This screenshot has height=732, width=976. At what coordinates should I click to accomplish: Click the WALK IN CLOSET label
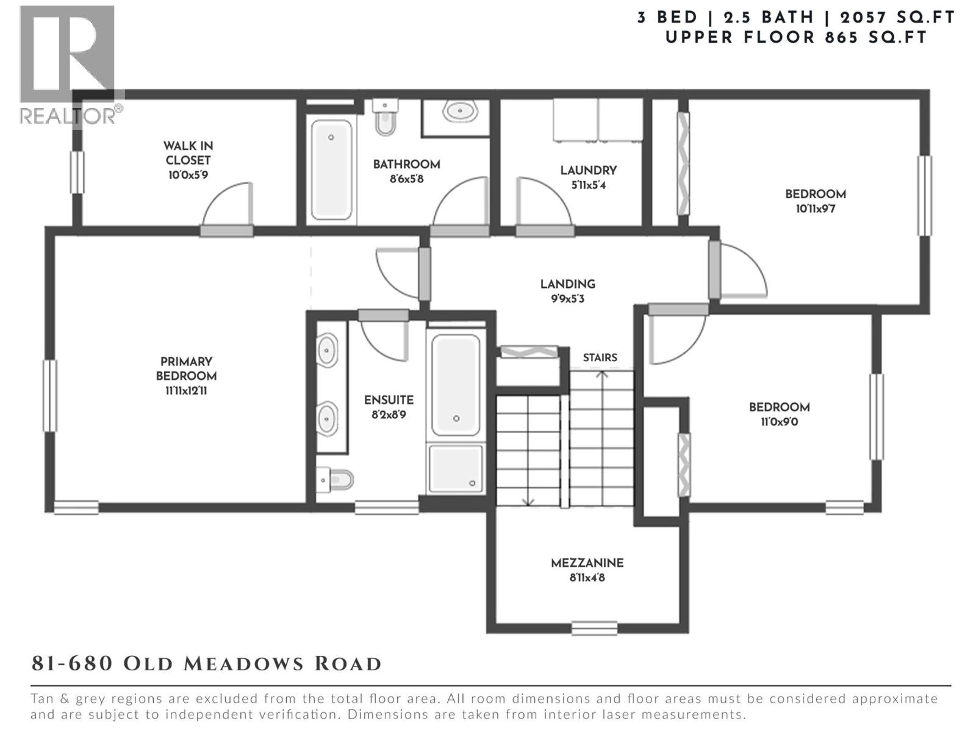(188, 152)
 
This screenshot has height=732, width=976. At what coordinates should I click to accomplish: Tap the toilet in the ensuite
(335, 479)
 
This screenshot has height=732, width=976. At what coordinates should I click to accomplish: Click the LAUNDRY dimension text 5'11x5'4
(588, 185)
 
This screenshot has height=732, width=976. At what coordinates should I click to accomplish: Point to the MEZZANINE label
(587, 563)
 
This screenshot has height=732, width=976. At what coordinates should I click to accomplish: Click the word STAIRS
(600, 357)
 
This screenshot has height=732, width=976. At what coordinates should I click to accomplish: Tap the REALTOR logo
(68, 64)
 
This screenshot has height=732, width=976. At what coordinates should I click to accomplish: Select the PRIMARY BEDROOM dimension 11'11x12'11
(186, 391)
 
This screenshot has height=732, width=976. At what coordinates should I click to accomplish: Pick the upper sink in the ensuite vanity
(327, 350)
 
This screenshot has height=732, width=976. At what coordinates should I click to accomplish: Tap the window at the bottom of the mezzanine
(594, 628)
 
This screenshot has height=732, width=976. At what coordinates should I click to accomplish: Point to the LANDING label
(567, 284)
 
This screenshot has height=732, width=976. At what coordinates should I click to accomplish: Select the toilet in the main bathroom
(384, 119)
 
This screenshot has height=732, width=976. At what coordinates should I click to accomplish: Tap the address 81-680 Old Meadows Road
(207, 664)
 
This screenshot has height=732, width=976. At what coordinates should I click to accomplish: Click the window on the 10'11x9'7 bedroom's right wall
(925, 195)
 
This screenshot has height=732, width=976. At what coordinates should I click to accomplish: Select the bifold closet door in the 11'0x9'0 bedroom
(684, 465)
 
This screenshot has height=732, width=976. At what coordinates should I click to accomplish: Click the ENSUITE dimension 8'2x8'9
(389, 415)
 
